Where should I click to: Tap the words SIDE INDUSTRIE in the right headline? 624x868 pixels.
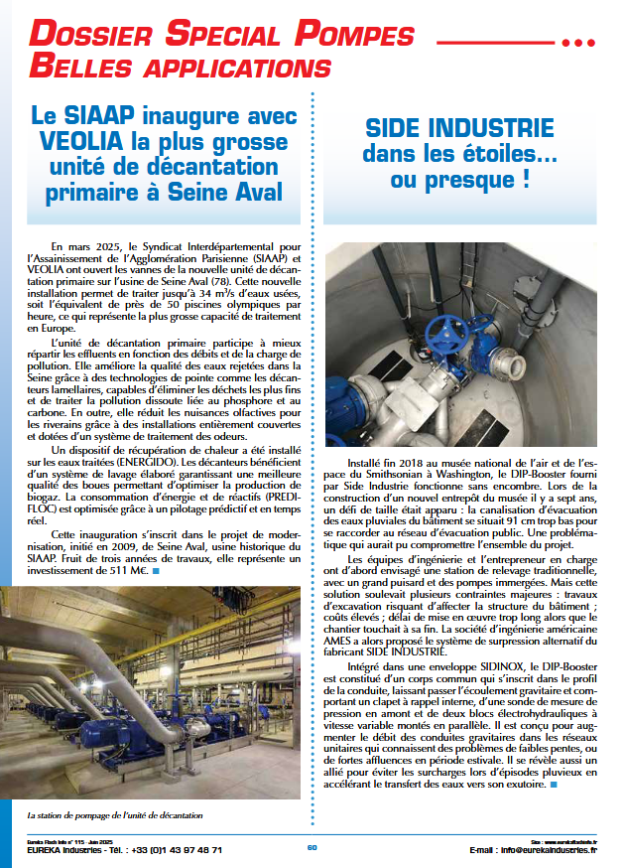click(458, 129)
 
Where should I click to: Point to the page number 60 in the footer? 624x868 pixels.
click(312, 847)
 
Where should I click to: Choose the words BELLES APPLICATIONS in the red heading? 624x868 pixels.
click(173, 69)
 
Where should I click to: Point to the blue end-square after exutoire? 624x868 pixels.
click(552, 785)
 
